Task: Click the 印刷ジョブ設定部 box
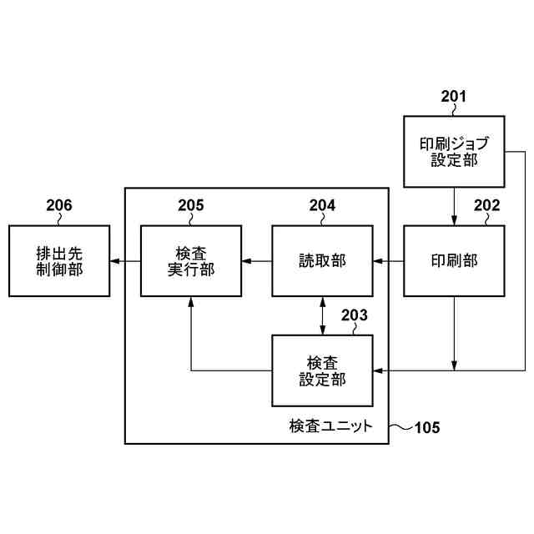[x=454, y=152]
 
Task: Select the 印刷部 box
[x=454, y=261]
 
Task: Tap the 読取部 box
[x=322, y=261]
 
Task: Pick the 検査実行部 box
[x=190, y=261]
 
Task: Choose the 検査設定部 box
[x=322, y=370]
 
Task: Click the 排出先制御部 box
[x=58, y=261]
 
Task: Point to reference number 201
[x=454, y=97]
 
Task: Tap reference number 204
[x=322, y=205]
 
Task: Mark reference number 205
[x=190, y=205]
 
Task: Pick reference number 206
[x=58, y=205]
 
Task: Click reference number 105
[x=427, y=428]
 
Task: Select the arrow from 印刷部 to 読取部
[x=388, y=261]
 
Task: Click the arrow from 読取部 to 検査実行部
[x=256, y=261]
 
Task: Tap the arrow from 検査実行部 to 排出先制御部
[x=124, y=261]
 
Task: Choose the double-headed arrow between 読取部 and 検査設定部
[x=322, y=315]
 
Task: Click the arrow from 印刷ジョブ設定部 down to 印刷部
[x=454, y=206]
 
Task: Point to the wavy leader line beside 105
[x=400, y=427]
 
